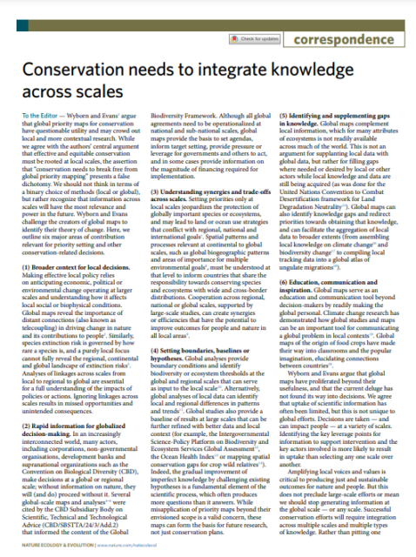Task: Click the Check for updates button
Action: [258, 39]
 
